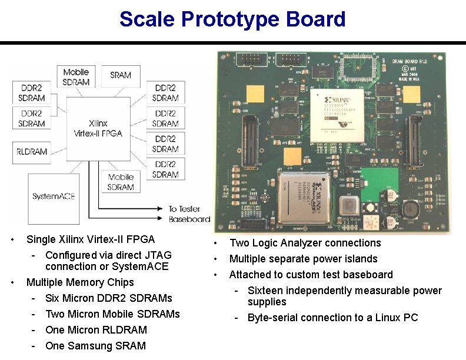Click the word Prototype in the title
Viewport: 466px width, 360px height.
tap(231, 19)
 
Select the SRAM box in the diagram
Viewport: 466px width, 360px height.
tap(121, 75)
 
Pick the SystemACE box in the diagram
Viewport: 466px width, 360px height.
tap(53, 195)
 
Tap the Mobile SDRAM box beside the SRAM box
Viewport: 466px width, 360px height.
tap(76, 77)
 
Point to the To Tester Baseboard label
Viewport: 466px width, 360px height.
tap(189, 214)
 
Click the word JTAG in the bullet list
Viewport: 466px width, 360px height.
tap(159, 255)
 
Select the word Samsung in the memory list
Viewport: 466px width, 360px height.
tap(92, 346)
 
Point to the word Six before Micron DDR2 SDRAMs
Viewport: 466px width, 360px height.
tap(53, 298)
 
